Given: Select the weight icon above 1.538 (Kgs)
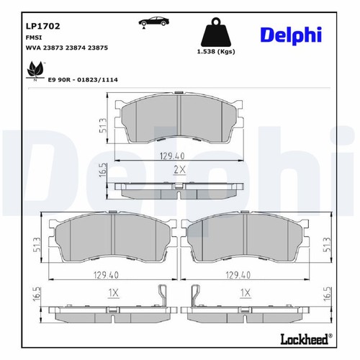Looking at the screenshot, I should [x=215, y=32].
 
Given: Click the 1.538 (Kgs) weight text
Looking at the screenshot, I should [x=215, y=53].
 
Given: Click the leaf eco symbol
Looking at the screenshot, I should [x=33, y=70].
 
